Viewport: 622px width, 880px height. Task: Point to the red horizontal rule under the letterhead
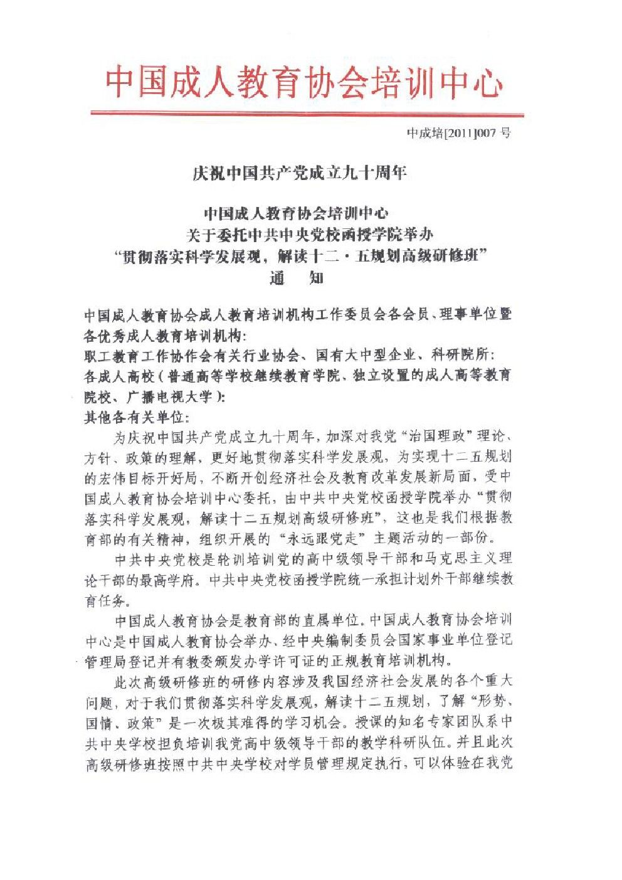click(x=307, y=114)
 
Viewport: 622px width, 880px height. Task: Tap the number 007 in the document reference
click(x=487, y=134)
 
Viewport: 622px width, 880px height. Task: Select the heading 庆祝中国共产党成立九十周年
click(x=300, y=172)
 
